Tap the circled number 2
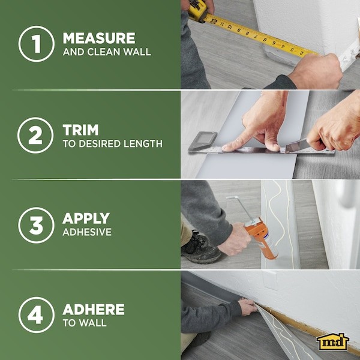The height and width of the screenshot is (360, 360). coord(37,136)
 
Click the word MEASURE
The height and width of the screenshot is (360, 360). coord(100,38)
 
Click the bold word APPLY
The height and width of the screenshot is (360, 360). coord(86,218)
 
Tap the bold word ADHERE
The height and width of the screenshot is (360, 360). coord(94,310)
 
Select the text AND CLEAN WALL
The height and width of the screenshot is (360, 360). coord(106,52)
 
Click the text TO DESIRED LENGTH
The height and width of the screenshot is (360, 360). coord(112,144)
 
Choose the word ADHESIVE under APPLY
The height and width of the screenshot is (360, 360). coord(87,232)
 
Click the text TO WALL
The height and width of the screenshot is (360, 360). coord(85,323)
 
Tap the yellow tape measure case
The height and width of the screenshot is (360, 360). coord(198,8)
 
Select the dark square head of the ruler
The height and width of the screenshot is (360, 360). coord(202,142)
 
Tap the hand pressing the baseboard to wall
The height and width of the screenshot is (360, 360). coord(248,307)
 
